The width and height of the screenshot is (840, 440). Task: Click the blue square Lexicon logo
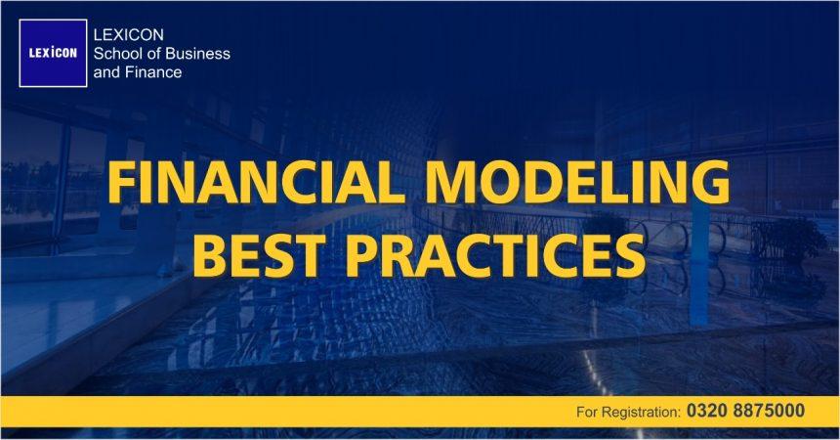point(53,54)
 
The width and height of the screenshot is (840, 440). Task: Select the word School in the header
point(116,53)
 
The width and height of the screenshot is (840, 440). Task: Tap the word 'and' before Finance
point(105,71)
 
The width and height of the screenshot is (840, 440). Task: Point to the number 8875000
point(769,412)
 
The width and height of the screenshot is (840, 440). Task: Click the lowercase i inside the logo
point(55,54)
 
